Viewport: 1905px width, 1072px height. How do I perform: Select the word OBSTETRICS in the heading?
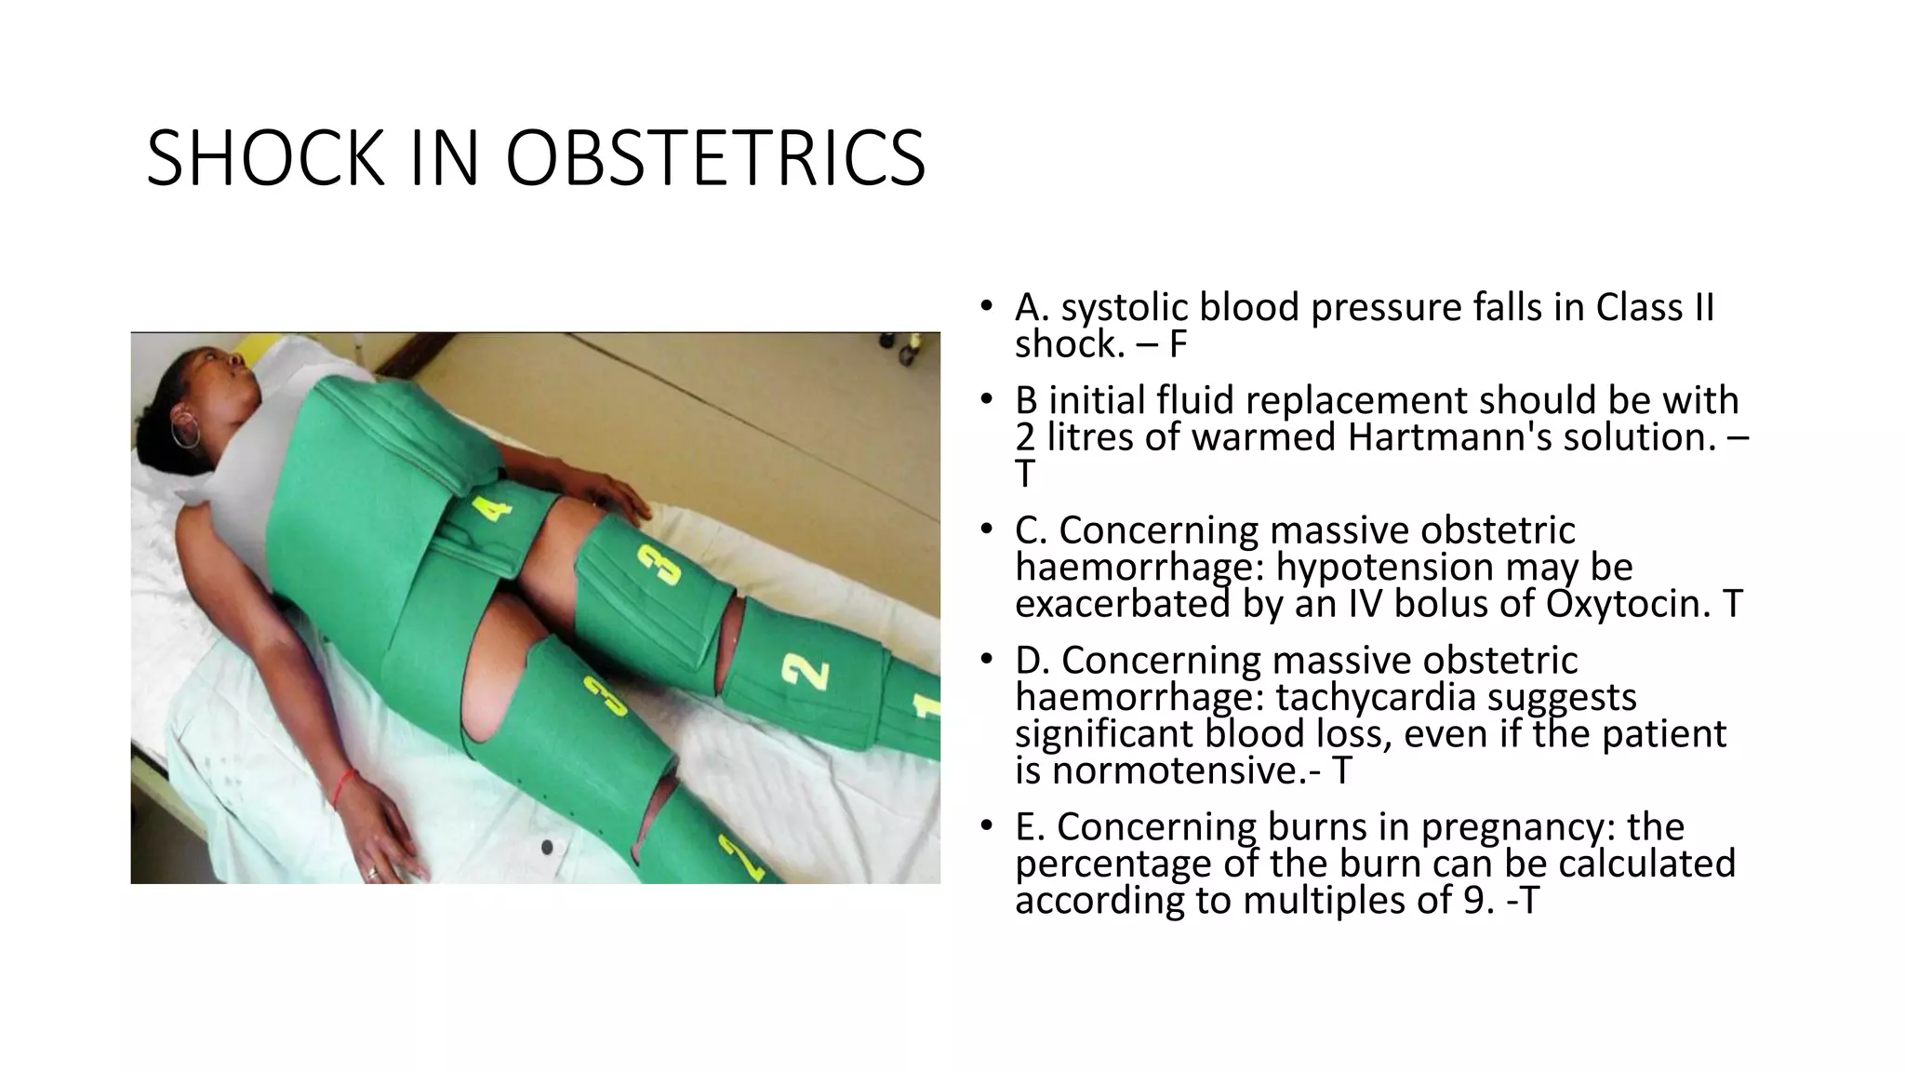tap(714, 158)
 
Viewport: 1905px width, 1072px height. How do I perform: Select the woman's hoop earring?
tap(185, 433)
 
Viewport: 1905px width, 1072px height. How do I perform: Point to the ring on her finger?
tap(373, 873)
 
